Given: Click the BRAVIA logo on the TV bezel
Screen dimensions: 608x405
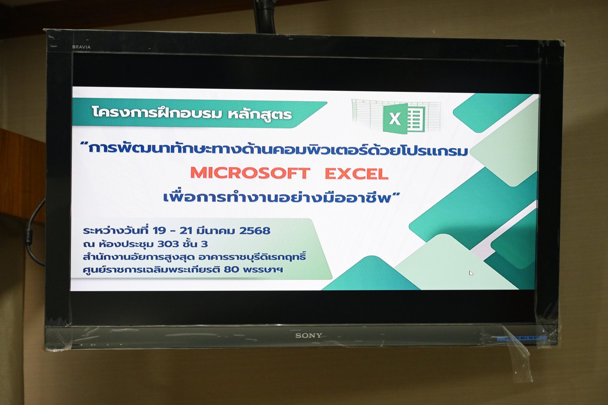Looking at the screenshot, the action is tap(81, 47).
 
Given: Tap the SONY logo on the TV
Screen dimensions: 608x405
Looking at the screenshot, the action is tap(308, 336).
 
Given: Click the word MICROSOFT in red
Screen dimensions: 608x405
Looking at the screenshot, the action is tap(250, 173).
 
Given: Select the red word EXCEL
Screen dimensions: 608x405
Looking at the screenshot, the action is tap(356, 174).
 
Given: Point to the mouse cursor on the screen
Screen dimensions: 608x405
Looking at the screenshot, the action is tap(471, 273).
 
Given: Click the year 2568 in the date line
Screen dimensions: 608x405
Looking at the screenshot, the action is tap(255, 230).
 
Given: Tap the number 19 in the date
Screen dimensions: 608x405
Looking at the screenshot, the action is tap(159, 230).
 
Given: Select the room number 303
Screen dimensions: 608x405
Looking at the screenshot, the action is tap(168, 244).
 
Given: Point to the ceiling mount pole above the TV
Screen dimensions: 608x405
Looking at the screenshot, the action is tap(265, 16).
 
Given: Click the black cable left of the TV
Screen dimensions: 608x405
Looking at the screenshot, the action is tap(34, 234).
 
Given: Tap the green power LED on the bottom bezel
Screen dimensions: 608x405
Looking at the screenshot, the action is tap(121, 345).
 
